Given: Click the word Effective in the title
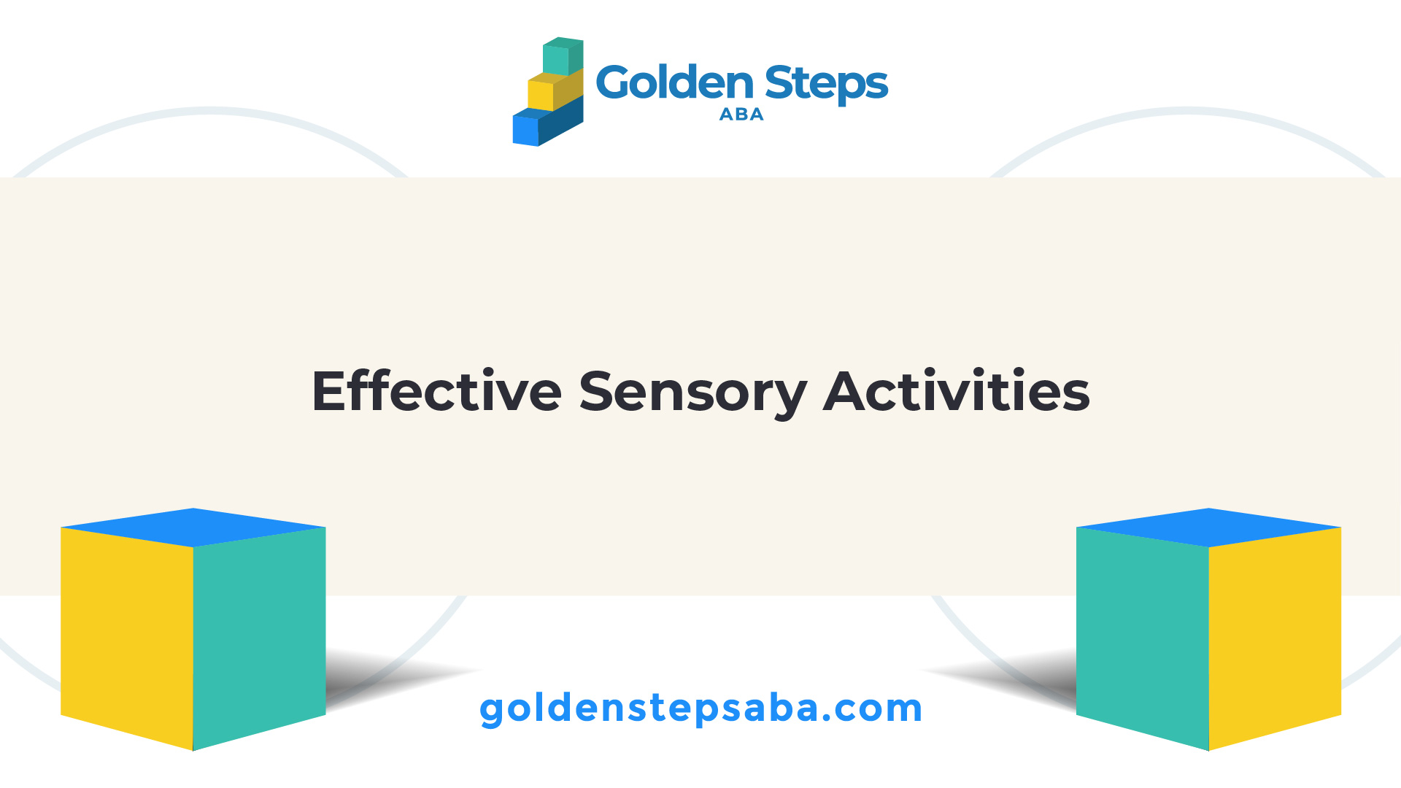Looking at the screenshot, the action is (x=436, y=392).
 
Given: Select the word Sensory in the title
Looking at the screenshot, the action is (x=692, y=395).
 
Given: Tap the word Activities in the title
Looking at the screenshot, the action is (x=957, y=392).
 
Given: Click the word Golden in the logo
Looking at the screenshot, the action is (x=674, y=82).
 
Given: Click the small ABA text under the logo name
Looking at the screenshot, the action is (x=741, y=115).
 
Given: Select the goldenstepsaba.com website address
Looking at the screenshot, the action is (x=700, y=708).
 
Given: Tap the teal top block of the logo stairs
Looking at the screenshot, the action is (x=563, y=56).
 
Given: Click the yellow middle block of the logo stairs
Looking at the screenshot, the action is (x=555, y=89).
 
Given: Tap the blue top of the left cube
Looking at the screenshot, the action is (x=193, y=528).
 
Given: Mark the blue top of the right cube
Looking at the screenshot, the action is (x=1209, y=528).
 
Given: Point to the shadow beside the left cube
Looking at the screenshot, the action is (x=387, y=679).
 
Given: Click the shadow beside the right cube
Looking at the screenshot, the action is (x=1014, y=679).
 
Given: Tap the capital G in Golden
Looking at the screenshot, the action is (x=614, y=82).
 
